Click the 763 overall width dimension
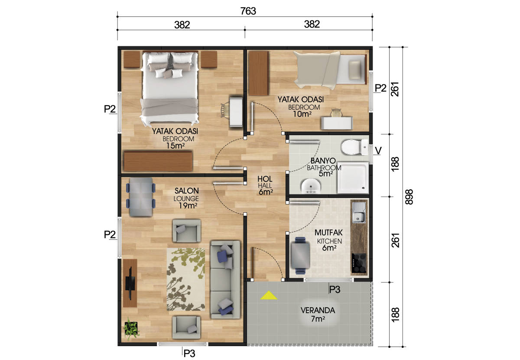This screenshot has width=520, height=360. [x=248, y=11]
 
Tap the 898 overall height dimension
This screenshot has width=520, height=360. [x=409, y=197]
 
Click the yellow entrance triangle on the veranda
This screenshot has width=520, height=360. [x=269, y=295]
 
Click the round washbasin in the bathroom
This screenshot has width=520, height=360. [x=311, y=186]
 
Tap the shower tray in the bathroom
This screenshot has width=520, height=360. [x=353, y=178]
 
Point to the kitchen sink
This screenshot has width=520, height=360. [x=359, y=212]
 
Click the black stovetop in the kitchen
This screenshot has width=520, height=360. [x=359, y=263]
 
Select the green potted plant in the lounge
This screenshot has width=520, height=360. [x=131, y=328]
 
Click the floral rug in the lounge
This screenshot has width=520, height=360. [x=186, y=279]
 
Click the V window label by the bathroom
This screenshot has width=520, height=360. [x=378, y=151]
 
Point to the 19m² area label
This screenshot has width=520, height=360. [x=188, y=205]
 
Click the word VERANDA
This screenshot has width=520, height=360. [x=318, y=310]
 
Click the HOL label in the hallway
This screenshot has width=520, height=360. [x=265, y=179]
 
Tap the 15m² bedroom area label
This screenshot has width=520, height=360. [x=175, y=146]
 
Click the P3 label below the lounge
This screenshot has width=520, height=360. [x=189, y=354]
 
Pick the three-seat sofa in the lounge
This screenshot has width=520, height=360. [x=225, y=279]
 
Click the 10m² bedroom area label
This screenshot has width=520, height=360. [x=302, y=114]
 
